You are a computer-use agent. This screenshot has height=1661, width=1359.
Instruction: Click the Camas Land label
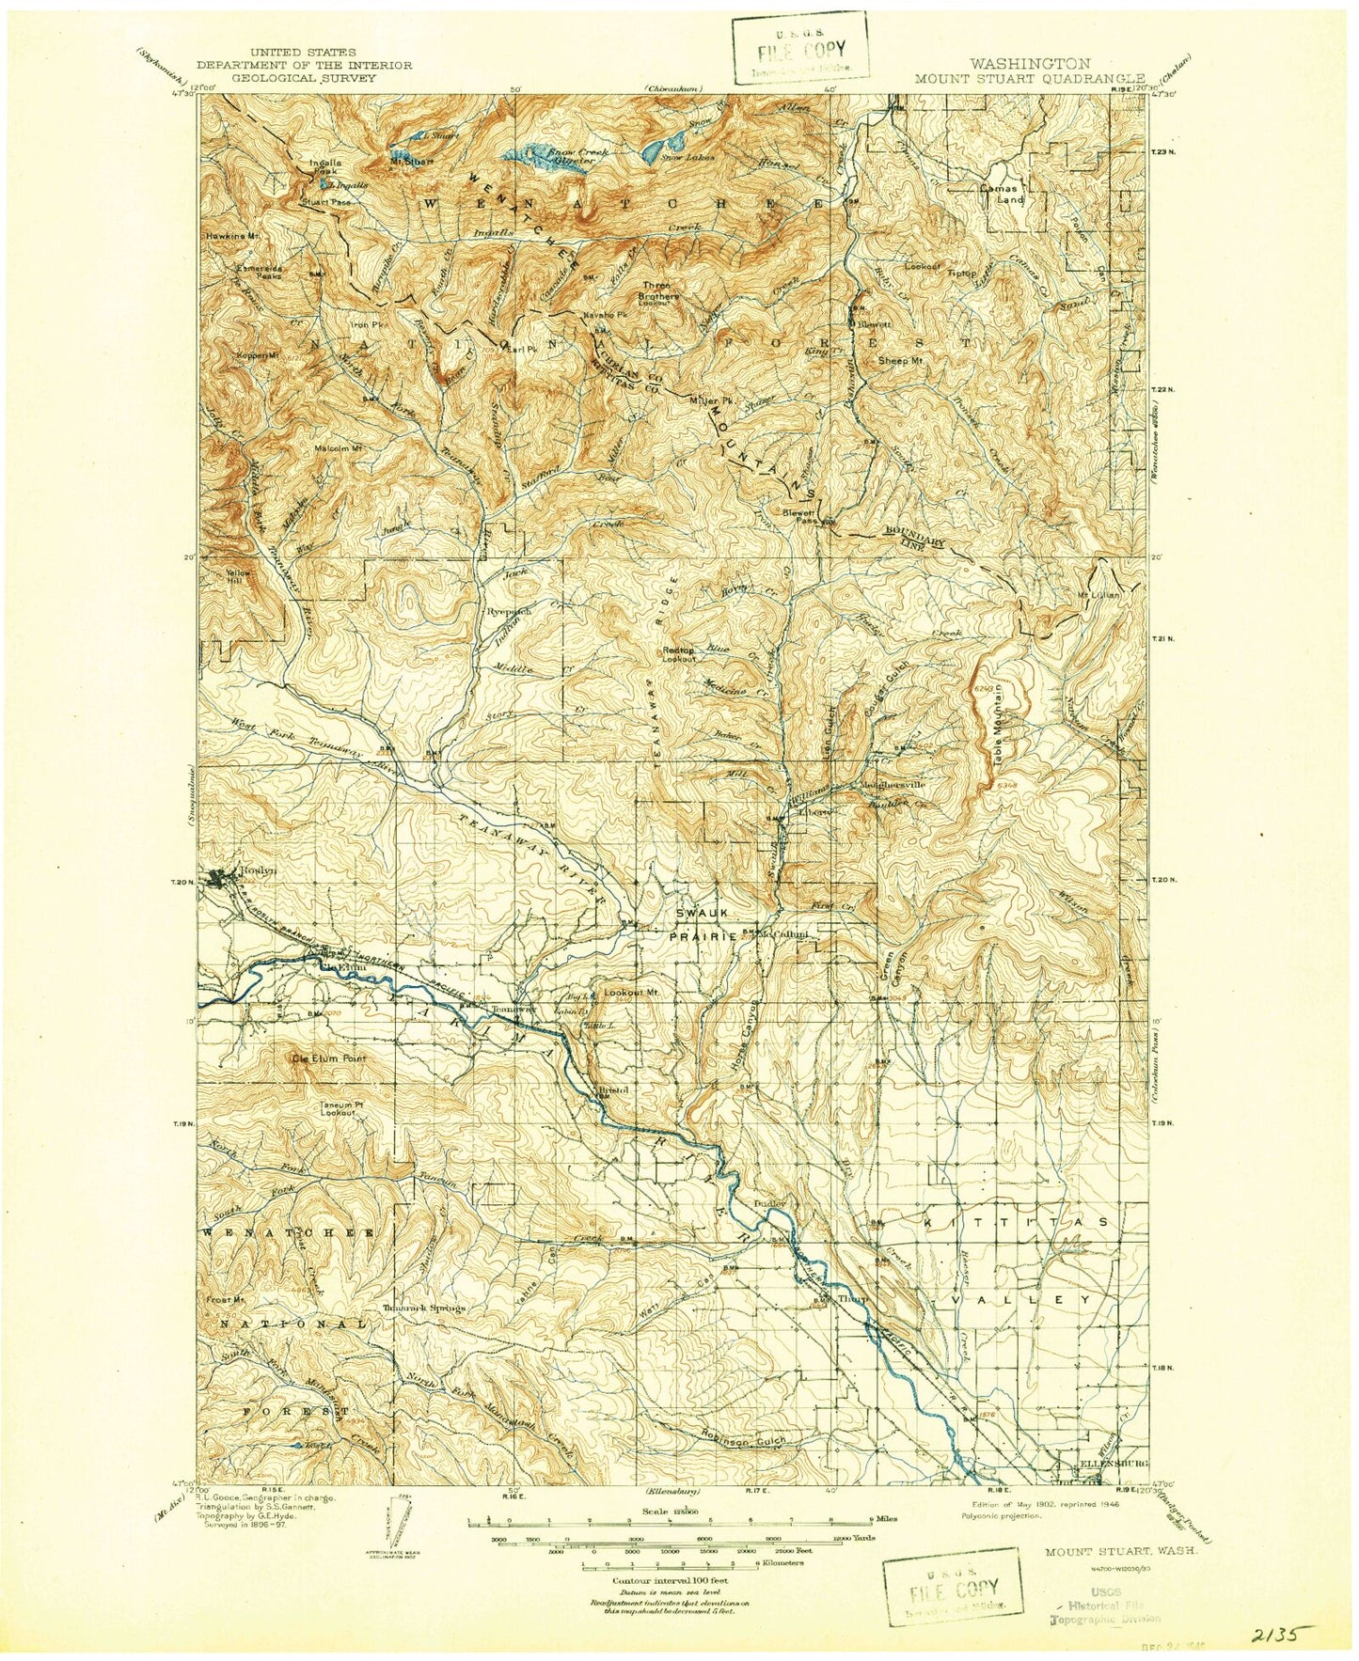[1000, 193]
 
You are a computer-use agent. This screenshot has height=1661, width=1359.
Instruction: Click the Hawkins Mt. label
[233, 236]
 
